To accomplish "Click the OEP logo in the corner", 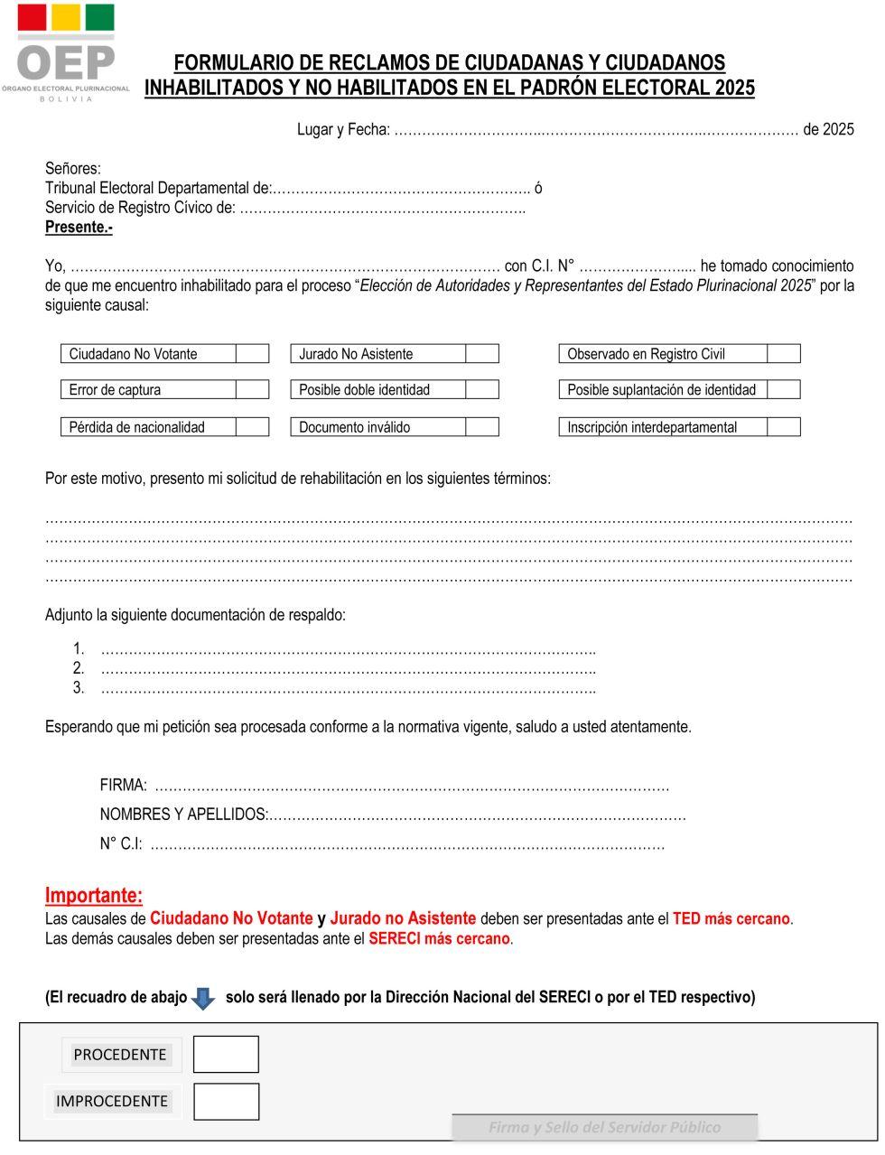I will click(x=66, y=52).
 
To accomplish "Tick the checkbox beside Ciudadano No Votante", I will click(x=253, y=354).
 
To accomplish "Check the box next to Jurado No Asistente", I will click(x=482, y=354).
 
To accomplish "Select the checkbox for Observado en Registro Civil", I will click(x=784, y=354).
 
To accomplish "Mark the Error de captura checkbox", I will click(x=253, y=390).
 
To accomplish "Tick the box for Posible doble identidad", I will click(x=482, y=390).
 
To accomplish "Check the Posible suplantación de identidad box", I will click(x=784, y=390).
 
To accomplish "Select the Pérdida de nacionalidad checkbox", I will click(x=253, y=427).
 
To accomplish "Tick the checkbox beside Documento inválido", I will click(x=482, y=427).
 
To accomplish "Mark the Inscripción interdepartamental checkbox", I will click(x=784, y=427).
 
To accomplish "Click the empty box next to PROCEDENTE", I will click(x=226, y=1054).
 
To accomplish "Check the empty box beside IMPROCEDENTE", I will click(x=226, y=1101).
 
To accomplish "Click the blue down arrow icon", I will click(x=204, y=998).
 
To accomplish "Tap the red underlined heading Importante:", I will click(x=94, y=896).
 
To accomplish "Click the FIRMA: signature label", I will click(x=123, y=786).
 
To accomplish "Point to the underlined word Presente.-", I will click(x=79, y=228).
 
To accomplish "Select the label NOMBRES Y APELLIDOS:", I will click(x=184, y=815).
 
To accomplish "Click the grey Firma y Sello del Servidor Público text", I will click(x=604, y=1127).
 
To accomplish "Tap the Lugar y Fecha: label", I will click(x=343, y=129).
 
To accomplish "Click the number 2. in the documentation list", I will click(x=79, y=668).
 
